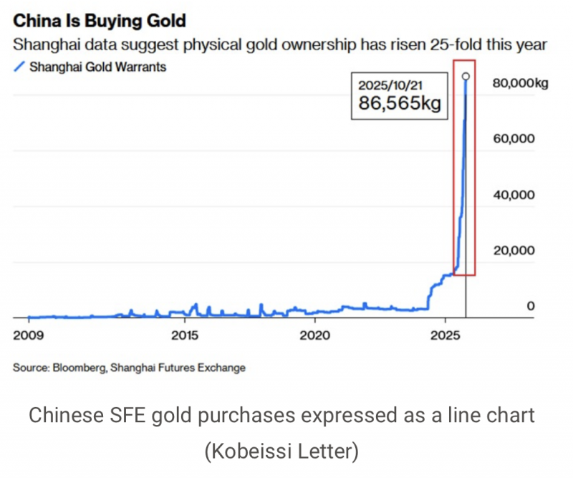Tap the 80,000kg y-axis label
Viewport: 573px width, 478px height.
point(520,83)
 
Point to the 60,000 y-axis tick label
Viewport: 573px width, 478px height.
point(513,138)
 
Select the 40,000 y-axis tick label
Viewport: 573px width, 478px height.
point(513,194)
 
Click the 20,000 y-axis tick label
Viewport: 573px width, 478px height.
point(513,250)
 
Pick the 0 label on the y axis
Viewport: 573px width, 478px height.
point(531,306)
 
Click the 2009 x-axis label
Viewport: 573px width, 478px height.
point(27,335)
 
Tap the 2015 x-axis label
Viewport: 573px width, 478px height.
point(185,335)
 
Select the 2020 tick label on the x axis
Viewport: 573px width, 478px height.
point(315,335)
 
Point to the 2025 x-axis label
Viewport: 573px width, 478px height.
point(446,335)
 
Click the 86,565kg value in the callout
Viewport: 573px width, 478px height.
point(399,103)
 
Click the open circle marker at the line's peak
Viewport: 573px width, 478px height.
point(466,76)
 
